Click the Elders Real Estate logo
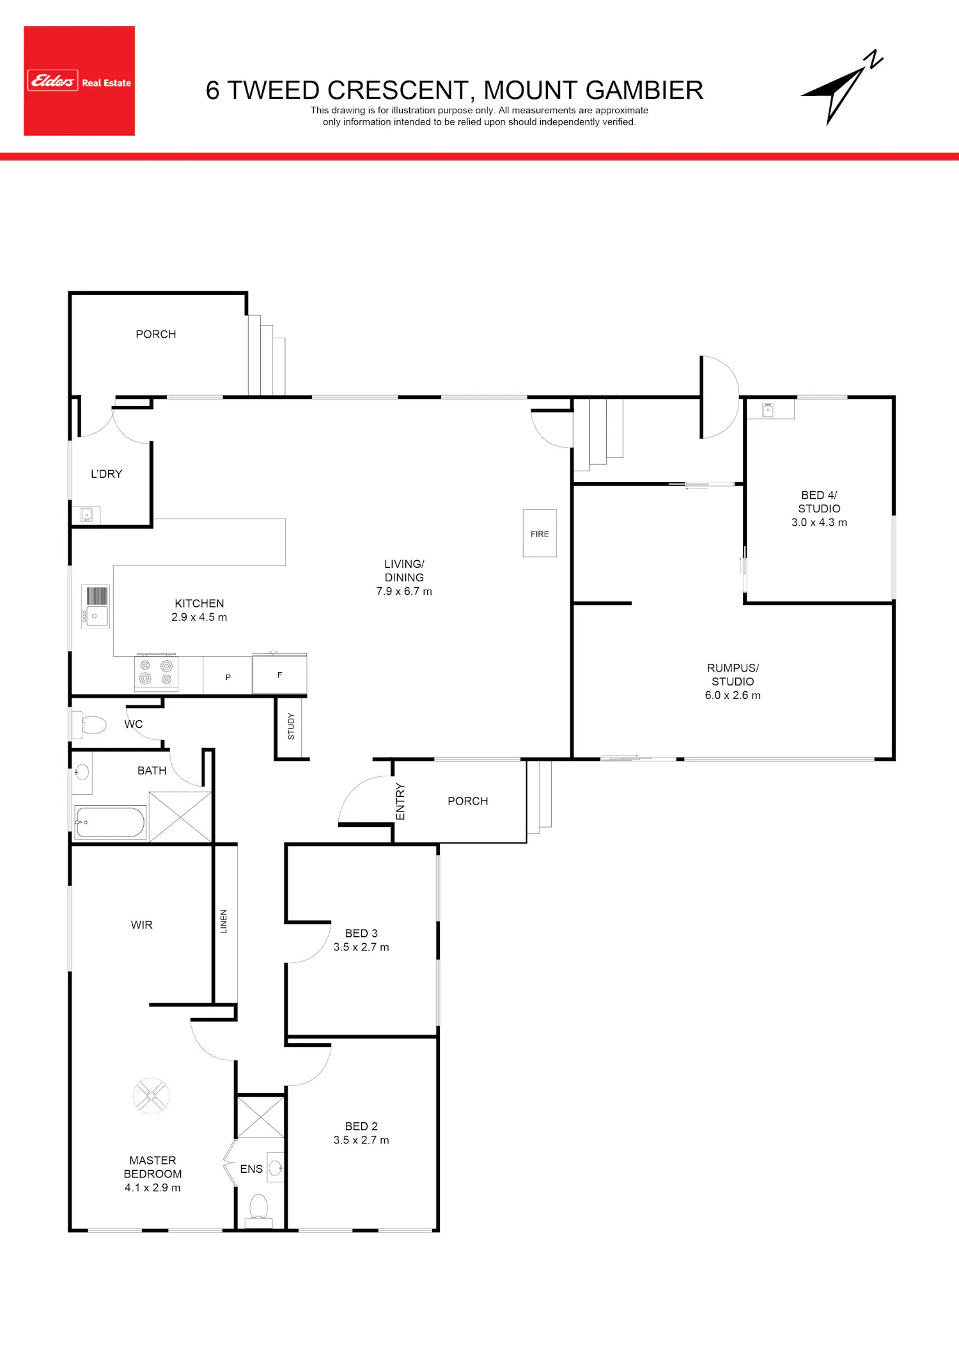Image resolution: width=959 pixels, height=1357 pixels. pyautogui.click(x=79, y=81)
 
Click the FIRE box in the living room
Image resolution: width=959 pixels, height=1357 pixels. pyautogui.click(x=540, y=533)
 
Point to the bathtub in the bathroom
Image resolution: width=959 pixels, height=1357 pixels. pyautogui.click(x=110, y=822)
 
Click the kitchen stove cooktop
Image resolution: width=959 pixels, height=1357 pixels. pyautogui.click(x=156, y=673)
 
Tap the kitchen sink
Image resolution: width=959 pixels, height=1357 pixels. pyautogui.click(x=95, y=606)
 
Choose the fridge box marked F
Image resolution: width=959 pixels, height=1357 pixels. pyautogui.click(x=279, y=674)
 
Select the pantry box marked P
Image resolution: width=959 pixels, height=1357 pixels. pyautogui.click(x=228, y=676)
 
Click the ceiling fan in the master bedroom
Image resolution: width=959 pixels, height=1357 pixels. pyautogui.click(x=152, y=1096)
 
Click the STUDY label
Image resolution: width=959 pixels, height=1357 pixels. pyautogui.click(x=292, y=726)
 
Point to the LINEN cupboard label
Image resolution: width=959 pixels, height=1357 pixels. pyautogui.click(x=224, y=922)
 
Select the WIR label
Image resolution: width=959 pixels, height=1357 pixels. pyautogui.click(x=141, y=925)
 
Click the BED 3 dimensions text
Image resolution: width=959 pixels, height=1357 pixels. pyautogui.click(x=361, y=947)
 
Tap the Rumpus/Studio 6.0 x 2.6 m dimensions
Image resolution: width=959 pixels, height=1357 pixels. pyautogui.click(x=733, y=695)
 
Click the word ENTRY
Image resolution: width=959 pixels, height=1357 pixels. pyautogui.click(x=400, y=801)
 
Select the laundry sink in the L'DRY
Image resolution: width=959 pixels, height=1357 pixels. pyautogui.click(x=86, y=514)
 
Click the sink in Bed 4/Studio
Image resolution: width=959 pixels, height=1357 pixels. pyautogui.click(x=768, y=410)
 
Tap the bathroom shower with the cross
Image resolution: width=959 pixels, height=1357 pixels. pyautogui.click(x=180, y=817)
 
